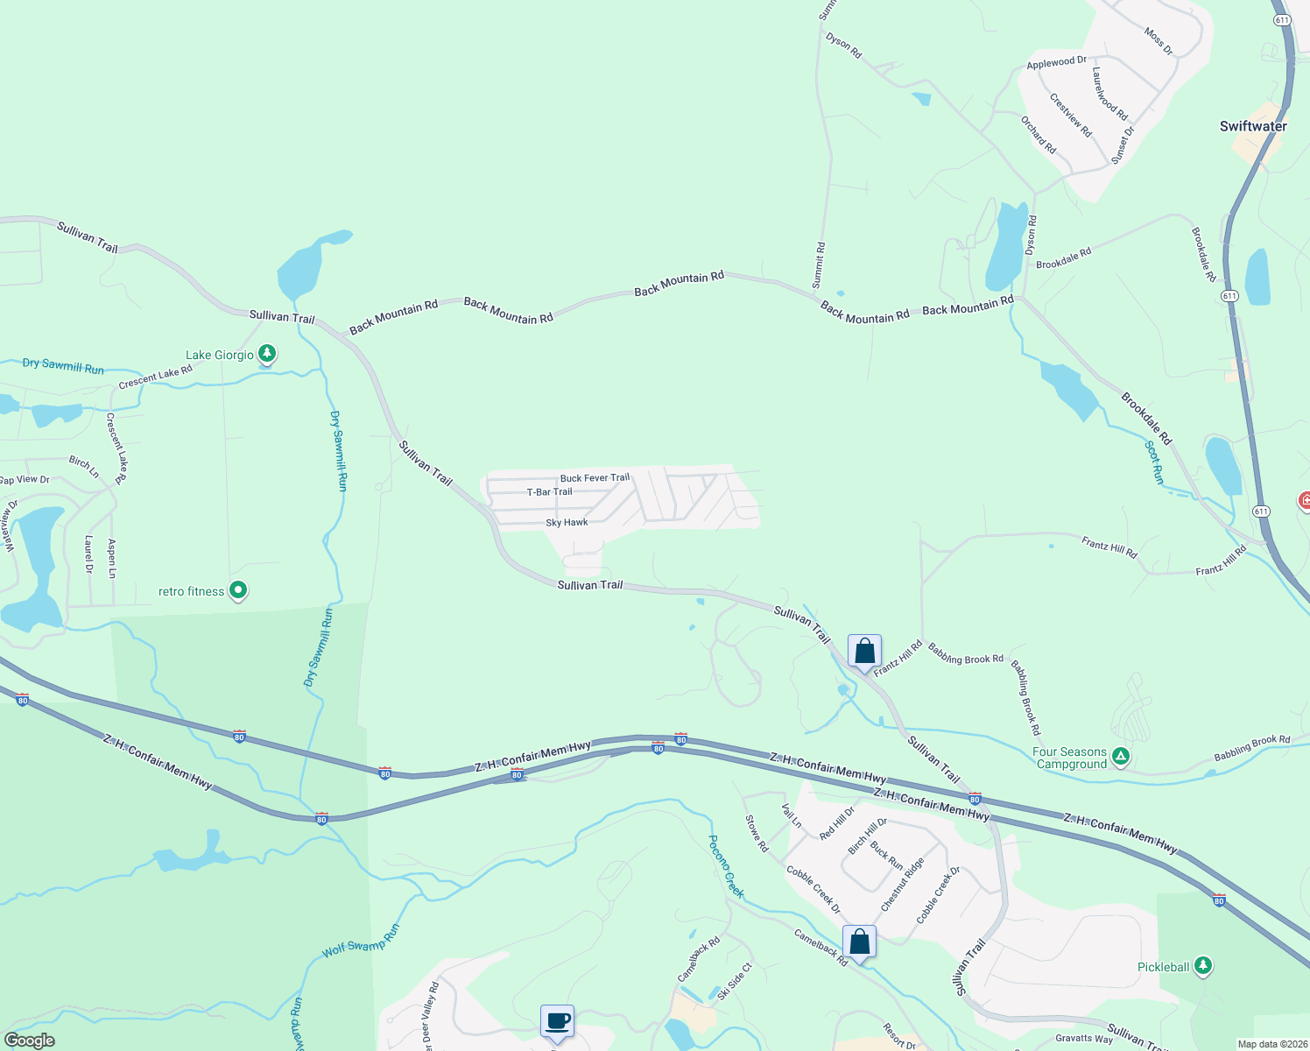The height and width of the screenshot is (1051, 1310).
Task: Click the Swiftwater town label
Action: [1253, 126]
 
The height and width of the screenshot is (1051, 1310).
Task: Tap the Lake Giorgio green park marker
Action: [267, 354]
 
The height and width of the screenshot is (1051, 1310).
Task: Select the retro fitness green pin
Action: [238, 590]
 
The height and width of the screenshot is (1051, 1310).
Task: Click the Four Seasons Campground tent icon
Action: [1120, 756]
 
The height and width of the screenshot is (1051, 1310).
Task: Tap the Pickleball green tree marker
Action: [1203, 965]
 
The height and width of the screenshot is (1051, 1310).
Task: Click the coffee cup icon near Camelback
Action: [557, 1020]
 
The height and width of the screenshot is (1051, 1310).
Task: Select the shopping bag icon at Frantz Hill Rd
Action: [864, 652]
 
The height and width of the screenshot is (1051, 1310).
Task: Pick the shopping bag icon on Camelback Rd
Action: [859, 942]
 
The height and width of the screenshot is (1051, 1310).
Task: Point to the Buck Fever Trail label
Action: [595, 478]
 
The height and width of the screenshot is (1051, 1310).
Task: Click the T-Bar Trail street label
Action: [550, 492]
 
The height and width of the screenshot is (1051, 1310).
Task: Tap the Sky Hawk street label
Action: [567, 523]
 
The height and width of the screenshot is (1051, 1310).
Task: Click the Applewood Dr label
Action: [1056, 62]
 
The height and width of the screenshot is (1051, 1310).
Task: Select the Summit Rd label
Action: [819, 265]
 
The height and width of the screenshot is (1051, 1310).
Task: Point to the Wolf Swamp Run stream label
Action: [361, 940]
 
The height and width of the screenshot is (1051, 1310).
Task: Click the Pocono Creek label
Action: [726, 866]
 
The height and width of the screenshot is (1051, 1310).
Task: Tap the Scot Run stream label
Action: [1155, 462]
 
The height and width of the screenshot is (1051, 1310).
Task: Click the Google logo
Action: [29, 1040]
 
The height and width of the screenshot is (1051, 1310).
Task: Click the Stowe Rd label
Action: [757, 834]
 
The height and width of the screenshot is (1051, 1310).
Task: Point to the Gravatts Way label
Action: [1084, 1039]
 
